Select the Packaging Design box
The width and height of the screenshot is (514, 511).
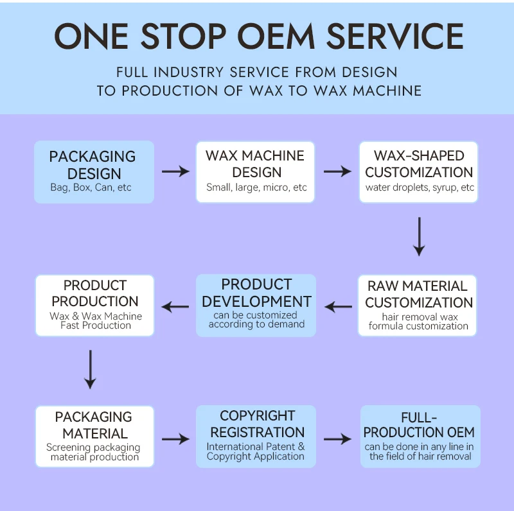coord(94,171)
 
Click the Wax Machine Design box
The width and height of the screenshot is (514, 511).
coord(256,171)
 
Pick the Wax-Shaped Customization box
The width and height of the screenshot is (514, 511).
coord(419,171)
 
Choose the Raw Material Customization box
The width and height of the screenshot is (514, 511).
coord(419,306)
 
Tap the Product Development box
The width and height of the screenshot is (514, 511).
coord(256,306)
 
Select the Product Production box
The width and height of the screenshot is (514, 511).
coord(95,306)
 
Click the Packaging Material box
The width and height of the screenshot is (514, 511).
coord(95,436)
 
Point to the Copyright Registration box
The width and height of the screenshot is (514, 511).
coord(256,436)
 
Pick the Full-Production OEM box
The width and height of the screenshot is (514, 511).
coord(420,436)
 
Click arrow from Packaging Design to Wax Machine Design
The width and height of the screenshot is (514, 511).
coord(175,171)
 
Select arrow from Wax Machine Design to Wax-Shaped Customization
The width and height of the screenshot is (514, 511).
coord(337,171)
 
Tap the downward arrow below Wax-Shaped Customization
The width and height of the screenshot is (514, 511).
coord(419,236)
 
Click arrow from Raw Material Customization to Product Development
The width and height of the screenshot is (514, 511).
coord(339,307)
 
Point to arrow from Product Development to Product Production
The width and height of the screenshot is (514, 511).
coord(175,307)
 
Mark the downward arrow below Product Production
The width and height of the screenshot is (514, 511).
coord(90,369)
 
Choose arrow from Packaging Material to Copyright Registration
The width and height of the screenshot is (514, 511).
coord(175,439)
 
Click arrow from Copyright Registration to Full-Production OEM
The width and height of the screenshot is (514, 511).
coord(337,439)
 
